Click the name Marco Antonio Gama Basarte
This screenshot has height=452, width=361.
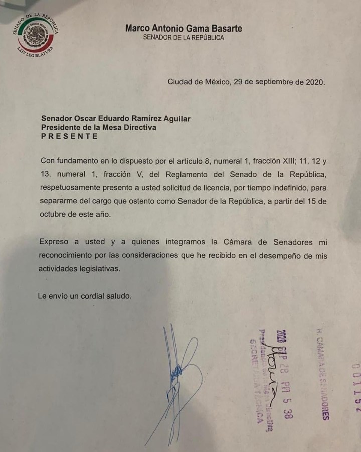click(x=184, y=28)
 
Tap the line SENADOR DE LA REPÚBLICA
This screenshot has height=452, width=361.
click(x=184, y=38)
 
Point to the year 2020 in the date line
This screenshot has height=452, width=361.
click(x=314, y=82)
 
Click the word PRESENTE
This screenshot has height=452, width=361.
click(x=70, y=136)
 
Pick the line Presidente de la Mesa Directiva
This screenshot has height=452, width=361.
click(x=99, y=128)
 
